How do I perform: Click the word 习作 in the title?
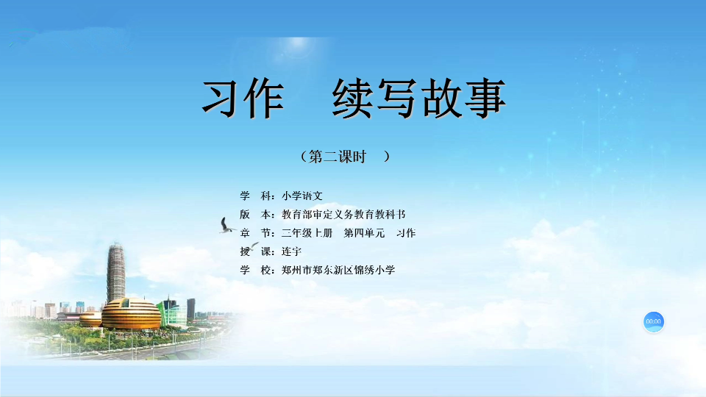(x=243, y=98)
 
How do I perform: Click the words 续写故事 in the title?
(x=419, y=98)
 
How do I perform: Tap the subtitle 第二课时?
(x=338, y=157)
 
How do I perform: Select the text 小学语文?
(x=302, y=196)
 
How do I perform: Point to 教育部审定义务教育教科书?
(x=343, y=214)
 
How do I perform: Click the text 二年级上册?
(x=307, y=233)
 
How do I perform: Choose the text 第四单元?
(x=364, y=233)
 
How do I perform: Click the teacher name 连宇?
(x=291, y=251)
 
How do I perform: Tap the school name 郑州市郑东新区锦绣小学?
(x=338, y=270)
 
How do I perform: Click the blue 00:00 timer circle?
(x=653, y=321)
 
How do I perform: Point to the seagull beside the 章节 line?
(x=227, y=226)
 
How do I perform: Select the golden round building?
(x=131, y=313)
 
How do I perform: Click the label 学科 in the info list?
(x=256, y=196)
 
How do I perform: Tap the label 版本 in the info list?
(x=256, y=214)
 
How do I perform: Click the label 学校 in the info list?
(x=256, y=270)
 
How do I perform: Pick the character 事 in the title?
(x=486, y=98)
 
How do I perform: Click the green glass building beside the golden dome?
(x=173, y=312)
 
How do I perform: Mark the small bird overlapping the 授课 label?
(x=254, y=246)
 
